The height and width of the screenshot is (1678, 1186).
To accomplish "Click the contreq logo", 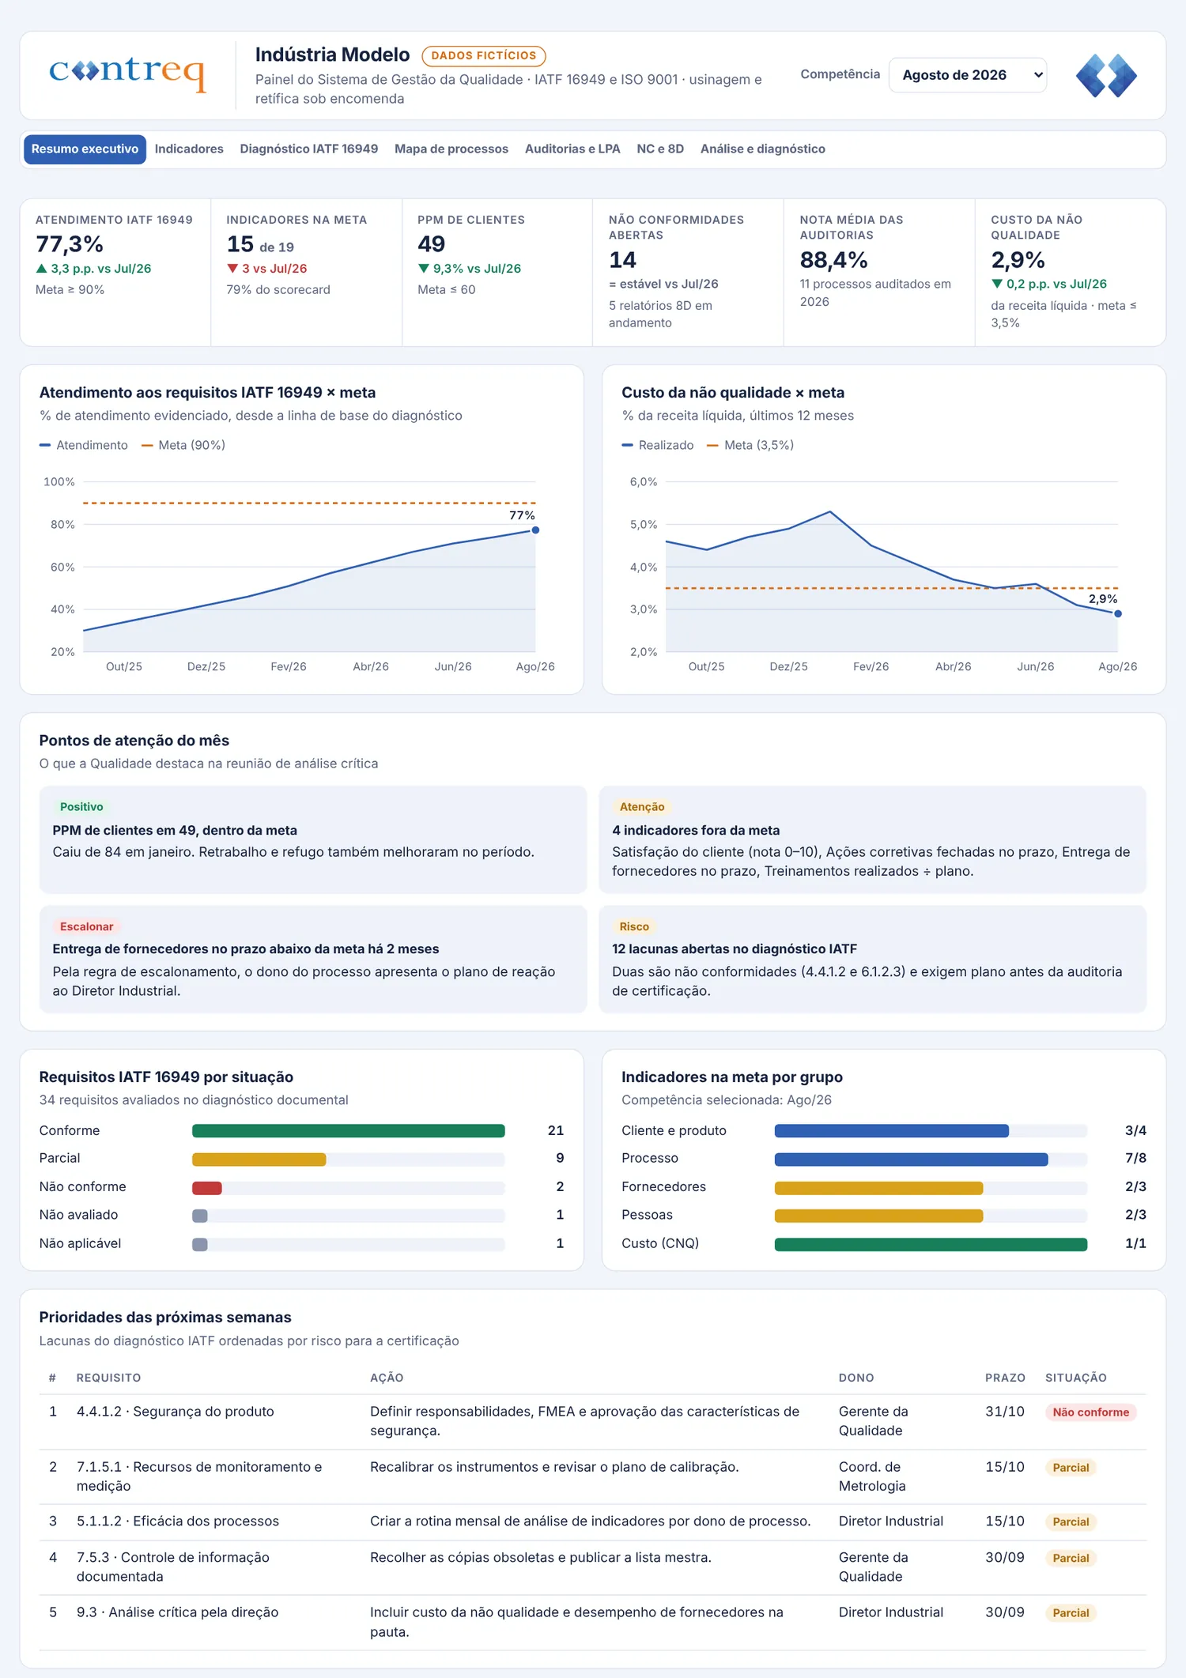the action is coord(127,73).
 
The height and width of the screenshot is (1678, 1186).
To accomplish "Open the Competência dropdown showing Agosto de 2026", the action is coord(968,75).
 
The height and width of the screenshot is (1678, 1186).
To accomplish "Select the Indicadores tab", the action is coord(189,149).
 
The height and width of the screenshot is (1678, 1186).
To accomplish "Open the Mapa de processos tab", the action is coord(451,149).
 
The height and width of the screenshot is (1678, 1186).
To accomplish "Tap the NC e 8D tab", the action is coord(660,149).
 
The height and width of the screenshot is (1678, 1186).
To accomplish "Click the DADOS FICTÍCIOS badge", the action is coord(484,56).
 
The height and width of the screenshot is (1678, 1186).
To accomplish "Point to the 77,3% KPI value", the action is coord(70,244).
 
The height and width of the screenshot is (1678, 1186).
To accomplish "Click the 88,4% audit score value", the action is coord(833,260).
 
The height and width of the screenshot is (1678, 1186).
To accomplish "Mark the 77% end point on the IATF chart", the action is coord(535,530).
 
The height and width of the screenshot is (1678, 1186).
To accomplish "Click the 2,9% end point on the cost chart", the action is coord(1117,613).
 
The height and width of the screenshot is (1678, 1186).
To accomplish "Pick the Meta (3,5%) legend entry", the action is coord(750,446).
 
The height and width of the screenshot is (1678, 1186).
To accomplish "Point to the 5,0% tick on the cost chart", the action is coord(643,525).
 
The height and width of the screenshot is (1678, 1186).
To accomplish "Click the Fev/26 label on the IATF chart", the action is coord(289,667).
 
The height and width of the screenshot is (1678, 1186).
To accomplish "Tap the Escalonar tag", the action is coord(87,926).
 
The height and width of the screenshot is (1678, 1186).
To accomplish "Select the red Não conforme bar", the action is coord(207,1187).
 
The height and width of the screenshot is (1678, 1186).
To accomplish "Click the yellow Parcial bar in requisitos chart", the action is coord(259,1159).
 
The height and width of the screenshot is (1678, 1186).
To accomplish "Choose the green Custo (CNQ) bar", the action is coord(931,1244).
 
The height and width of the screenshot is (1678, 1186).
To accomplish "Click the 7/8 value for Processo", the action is coord(1135,1159).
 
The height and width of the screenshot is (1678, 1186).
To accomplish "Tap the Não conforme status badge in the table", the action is coord(1090,1412).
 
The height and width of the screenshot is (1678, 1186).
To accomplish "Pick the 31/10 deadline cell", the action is coord(1004,1412).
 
